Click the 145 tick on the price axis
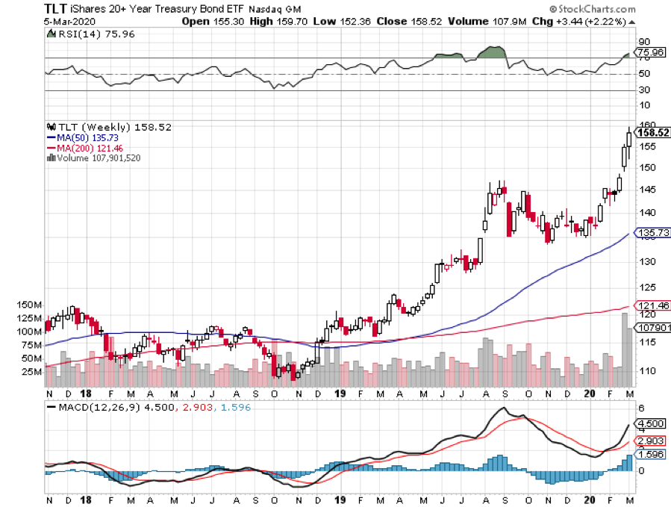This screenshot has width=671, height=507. coord(646,190)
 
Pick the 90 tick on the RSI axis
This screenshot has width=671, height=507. coord(643,43)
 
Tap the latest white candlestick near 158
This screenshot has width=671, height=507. coord(629,137)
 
